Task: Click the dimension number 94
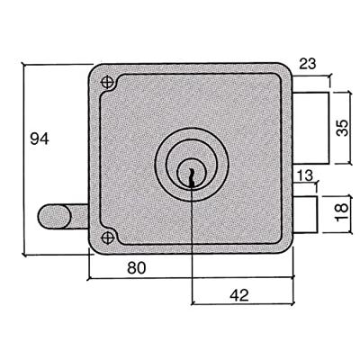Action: (x=40, y=139)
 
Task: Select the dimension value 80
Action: (x=137, y=268)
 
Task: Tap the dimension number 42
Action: (x=239, y=295)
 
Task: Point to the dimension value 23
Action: (x=308, y=64)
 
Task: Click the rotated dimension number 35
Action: (x=342, y=128)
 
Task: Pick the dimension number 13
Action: (x=305, y=175)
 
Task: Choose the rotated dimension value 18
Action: (x=342, y=212)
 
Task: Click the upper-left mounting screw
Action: (x=107, y=82)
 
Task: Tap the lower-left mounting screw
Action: (x=107, y=238)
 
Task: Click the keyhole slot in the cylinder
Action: (x=191, y=177)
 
